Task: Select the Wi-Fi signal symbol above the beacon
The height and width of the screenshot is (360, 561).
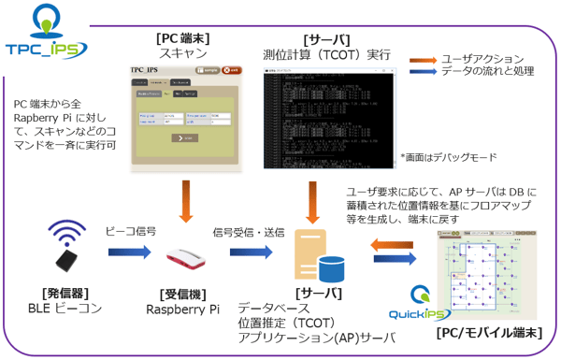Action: pyautogui.click(x=67, y=233)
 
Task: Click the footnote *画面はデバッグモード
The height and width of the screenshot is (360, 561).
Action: pyautogui.click(x=446, y=157)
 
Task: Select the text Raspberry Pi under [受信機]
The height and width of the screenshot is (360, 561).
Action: pyautogui.click(x=183, y=308)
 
